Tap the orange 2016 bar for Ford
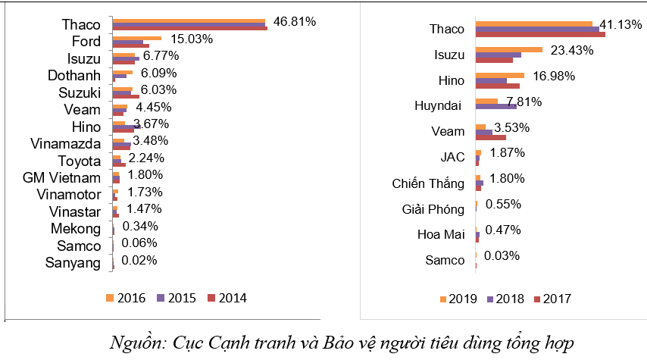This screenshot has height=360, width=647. [x=137, y=37]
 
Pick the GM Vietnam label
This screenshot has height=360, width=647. [x=62, y=178]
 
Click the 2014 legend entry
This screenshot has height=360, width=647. [x=227, y=298]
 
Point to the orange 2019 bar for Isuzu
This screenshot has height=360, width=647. [x=509, y=50]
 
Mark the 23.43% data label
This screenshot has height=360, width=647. [x=570, y=51]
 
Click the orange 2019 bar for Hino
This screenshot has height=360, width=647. [x=500, y=75]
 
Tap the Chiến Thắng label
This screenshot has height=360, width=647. [x=429, y=183]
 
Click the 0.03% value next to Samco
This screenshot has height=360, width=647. [x=499, y=255]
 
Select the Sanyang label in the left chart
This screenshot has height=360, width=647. [x=73, y=264]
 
